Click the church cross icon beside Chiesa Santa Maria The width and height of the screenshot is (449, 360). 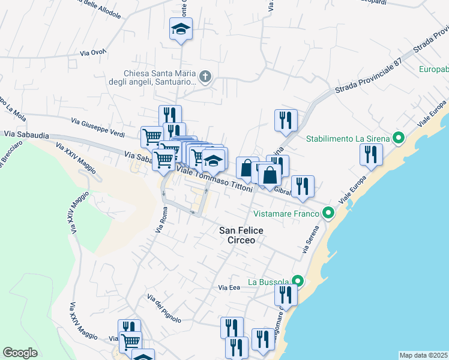[x=205, y=76]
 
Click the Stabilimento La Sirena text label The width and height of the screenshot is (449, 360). [x=348, y=139]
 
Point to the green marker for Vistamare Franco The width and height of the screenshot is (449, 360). [x=328, y=213]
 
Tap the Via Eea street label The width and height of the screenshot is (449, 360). [x=229, y=288]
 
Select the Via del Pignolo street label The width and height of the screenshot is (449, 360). [x=164, y=310]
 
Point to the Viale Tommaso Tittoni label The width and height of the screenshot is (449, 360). [x=216, y=179]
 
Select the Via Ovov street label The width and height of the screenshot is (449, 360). [x=93, y=53]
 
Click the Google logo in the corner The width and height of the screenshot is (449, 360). [x=20, y=353]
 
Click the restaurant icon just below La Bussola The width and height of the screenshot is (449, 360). [x=286, y=295]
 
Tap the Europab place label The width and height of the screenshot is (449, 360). [x=433, y=68]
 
